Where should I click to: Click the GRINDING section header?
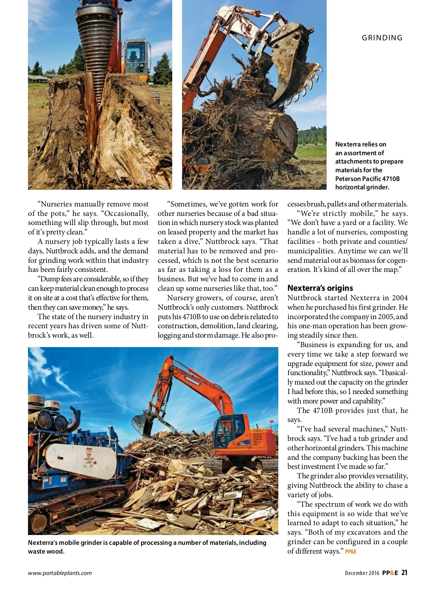pyautogui.click(x=382, y=38)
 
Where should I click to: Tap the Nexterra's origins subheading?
pyautogui.click(x=320, y=288)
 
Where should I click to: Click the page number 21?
pyautogui.click(x=404, y=572)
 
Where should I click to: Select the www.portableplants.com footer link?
pyautogui.click(x=60, y=573)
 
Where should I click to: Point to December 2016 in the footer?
pyautogui.click(x=362, y=573)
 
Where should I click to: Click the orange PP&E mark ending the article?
pyautogui.click(x=351, y=552)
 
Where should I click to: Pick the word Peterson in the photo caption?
pyautogui.click(x=348, y=179)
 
